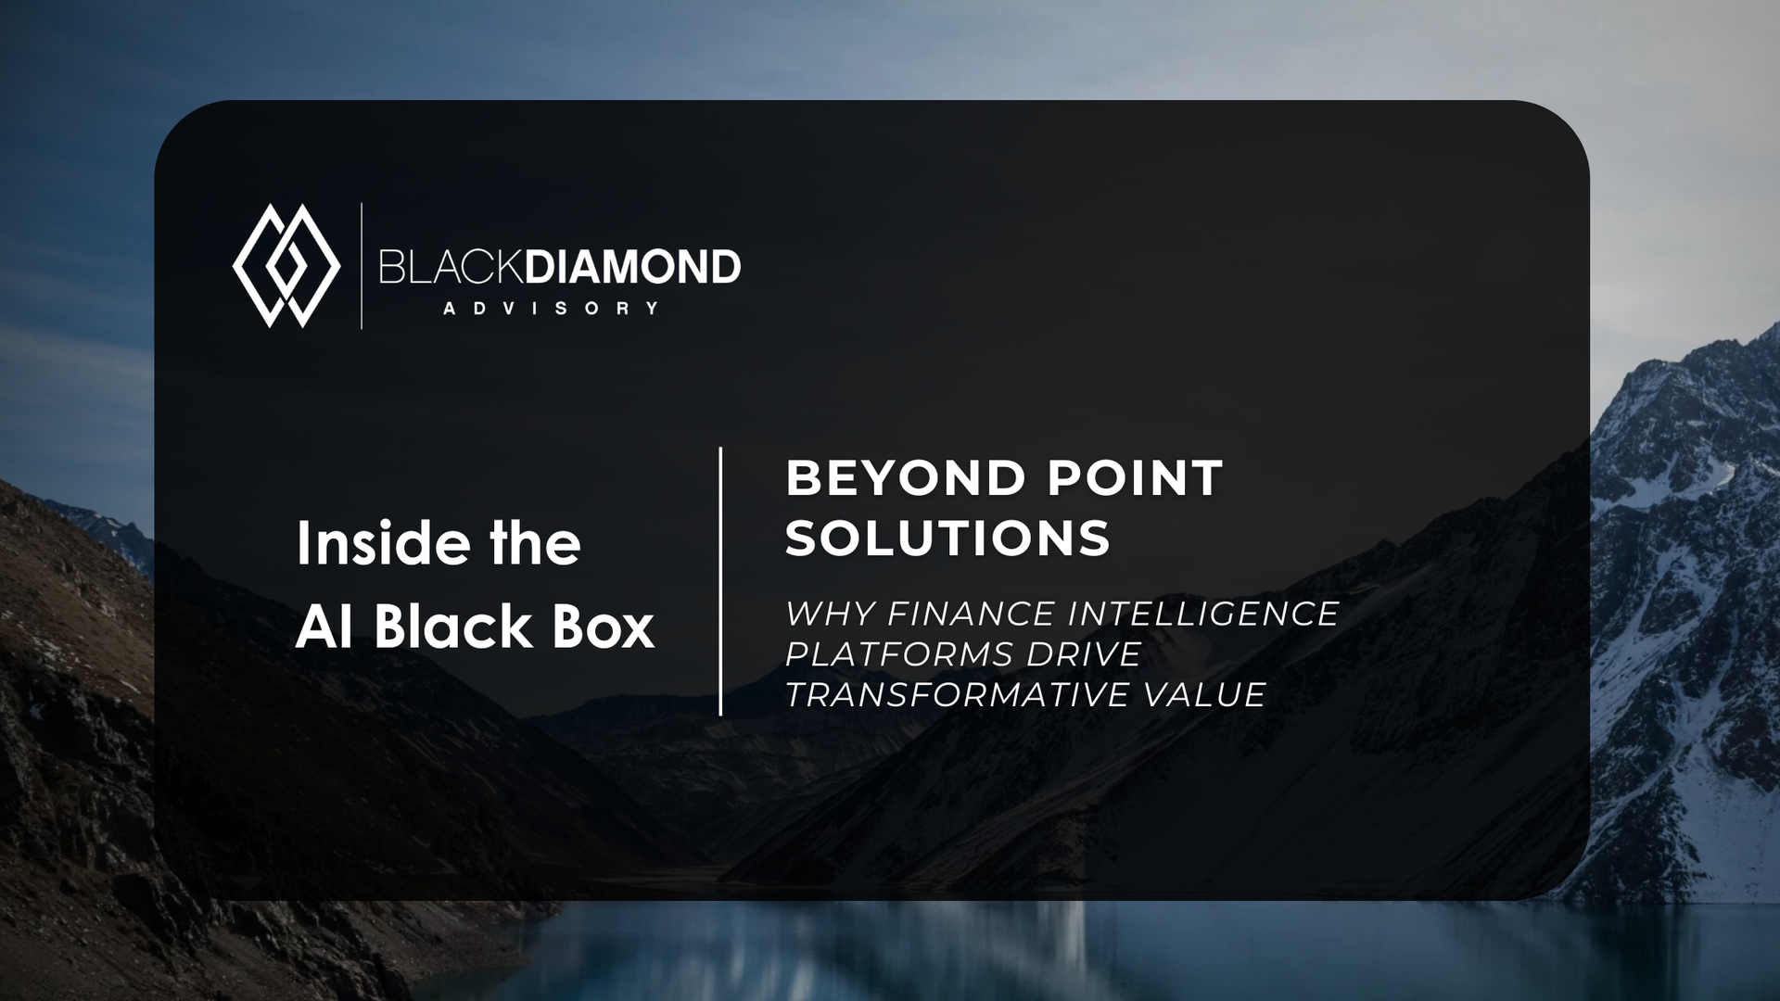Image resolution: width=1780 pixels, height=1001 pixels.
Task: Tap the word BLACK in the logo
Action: [x=451, y=267]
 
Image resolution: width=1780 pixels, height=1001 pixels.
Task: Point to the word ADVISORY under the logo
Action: [x=551, y=309]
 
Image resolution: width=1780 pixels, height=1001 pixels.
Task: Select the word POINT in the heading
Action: [x=1136, y=478]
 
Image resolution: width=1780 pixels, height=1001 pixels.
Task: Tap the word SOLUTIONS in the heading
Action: [x=947, y=539]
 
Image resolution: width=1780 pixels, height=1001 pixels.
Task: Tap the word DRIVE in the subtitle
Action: [x=1071, y=654]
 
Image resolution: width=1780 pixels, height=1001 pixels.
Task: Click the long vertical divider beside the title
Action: [x=720, y=581]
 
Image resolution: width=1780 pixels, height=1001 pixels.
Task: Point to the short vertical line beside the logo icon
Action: [x=362, y=266]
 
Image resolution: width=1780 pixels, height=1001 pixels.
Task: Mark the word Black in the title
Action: [x=453, y=627]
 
